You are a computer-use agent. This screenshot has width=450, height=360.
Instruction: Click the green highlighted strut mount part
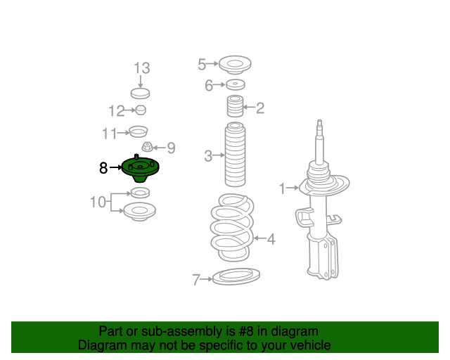[x=141, y=168]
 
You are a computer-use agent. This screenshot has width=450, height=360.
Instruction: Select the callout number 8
[x=103, y=168]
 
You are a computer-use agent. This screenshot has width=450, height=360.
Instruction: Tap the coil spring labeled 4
[x=232, y=227]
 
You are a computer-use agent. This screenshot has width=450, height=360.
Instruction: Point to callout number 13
[x=142, y=68]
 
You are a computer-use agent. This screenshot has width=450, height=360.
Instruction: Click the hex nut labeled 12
[x=141, y=110]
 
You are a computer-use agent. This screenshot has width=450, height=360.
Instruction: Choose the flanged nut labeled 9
[x=147, y=147]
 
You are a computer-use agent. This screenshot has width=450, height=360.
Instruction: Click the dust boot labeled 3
[x=235, y=155]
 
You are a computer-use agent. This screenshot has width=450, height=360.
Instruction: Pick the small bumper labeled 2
[x=235, y=106]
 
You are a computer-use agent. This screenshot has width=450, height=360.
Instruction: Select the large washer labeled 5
[x=235, y=65]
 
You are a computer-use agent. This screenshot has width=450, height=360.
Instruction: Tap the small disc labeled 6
[x=236, y=84]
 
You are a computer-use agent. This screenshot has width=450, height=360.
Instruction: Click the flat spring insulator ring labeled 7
[x=236, y=276]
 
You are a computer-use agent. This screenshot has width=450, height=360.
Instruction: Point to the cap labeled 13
[x=141, y=94]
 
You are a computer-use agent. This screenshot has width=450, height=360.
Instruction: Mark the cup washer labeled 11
[x=139, y=131]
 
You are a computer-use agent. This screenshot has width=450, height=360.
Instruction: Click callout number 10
[x=98, y=202]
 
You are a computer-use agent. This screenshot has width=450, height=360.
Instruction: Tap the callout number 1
[x=283, y=188]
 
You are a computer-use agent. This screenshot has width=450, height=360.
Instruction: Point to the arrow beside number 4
[x=260, y=238]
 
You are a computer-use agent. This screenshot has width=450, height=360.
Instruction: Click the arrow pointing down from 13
[x=141, y=82]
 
